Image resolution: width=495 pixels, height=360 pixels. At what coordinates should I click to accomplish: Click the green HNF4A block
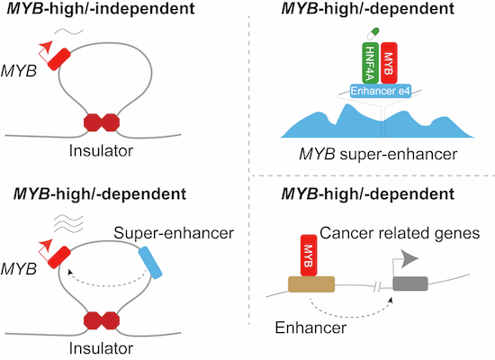[x=370, y=63]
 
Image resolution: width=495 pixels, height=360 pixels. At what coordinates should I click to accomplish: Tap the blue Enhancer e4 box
[x=381, y=91]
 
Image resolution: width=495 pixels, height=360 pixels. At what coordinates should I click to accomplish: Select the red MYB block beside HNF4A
[x=389, y=63]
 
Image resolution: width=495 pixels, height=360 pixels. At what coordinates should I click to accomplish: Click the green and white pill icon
[x=373, y=34]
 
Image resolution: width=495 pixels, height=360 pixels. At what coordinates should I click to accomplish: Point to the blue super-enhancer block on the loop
[x=150, y=263]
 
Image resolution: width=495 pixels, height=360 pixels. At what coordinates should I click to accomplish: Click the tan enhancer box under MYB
[x=311, y=284]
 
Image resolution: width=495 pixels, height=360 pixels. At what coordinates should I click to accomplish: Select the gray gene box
[x=410, y=283]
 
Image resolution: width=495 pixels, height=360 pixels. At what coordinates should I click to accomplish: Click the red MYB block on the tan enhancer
[x=309, y=256]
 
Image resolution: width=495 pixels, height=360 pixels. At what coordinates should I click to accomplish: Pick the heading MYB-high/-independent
[x=101, y=8]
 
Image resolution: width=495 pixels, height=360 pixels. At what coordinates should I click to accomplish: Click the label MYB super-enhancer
[x=378, y=155]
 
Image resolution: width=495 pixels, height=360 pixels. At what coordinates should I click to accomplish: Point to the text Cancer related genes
[x=400, y=233]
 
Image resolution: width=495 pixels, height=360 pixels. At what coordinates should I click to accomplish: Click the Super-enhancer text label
[x=174, y=233]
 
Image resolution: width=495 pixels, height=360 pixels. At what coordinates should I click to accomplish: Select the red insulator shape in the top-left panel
[x=102, y=122]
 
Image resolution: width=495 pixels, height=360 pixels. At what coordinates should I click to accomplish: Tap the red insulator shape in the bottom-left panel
[x=102, y=320]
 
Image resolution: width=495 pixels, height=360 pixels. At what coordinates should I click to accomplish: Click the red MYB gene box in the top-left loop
[x=59, y=59]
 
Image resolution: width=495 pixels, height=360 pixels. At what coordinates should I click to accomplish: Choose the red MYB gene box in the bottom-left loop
[x=59, y=257]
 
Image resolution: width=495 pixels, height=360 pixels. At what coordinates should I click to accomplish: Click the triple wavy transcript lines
[x=68, y=223]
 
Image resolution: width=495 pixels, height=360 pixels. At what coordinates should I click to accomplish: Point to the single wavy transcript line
[x=68, y=31]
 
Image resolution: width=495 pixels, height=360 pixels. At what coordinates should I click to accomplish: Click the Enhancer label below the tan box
[x=310, y=328]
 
